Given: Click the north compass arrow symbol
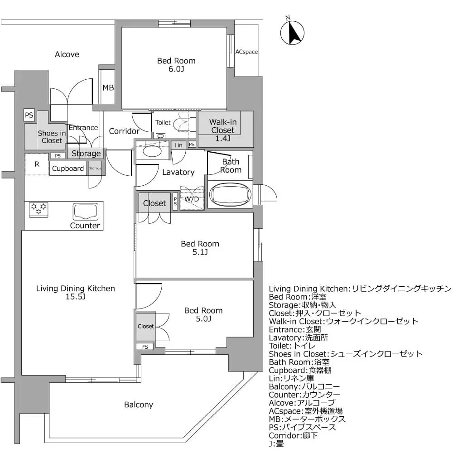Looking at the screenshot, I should point(292,32).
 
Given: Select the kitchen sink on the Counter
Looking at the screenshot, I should point(86,212).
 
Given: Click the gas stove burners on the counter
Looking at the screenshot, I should point(39,209).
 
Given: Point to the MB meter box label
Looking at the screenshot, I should point(108,87).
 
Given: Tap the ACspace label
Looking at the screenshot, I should point(246,52).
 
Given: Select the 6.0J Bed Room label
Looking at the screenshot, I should point(176,65).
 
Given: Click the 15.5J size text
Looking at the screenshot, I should point(75,297).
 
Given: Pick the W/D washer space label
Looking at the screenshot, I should point(192,199).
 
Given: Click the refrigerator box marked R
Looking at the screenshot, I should point(37,164).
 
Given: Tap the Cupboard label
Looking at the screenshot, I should point(68,169).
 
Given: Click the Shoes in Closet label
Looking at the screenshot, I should point(51,137).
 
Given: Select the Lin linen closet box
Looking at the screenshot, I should point(178,145).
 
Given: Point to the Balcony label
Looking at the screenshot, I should point(139,405).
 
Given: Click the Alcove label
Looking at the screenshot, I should point(67,54).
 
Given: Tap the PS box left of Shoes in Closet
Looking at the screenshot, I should point(29,115).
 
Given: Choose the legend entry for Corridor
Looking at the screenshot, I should point(294,435).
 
